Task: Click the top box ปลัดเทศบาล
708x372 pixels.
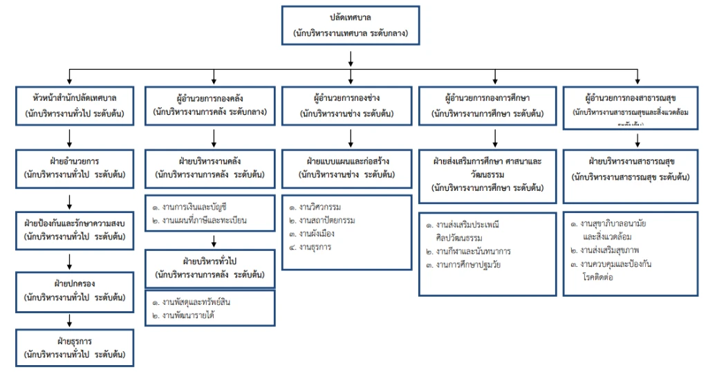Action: (x=351, y=26)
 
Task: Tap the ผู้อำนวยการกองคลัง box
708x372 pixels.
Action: (x=210, y=104)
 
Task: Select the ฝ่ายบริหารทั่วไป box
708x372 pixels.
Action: (x=210, y=268)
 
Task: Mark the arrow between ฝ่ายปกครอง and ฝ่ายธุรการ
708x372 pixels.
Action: (x=68, y=320)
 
